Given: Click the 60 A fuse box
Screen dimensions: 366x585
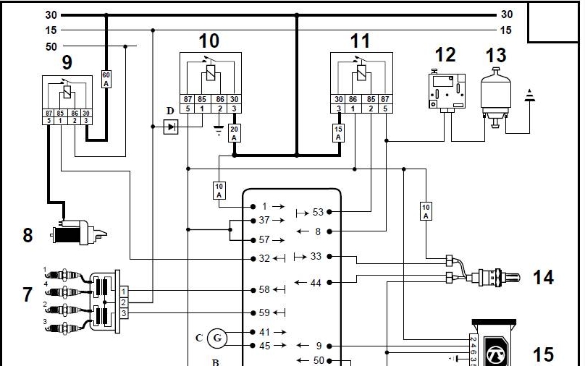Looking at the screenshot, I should [x=106, y=78].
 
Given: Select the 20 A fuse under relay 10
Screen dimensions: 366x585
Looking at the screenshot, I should [x=234, y=133].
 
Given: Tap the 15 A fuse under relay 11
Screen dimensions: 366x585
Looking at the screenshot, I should [x=337, y=133].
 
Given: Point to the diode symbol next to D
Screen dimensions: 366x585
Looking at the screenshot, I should [x=172, y=127].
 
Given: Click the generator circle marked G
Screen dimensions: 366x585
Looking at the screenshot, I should [x=216, y=337].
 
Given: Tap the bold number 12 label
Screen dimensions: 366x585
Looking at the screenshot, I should [x=445, y=55].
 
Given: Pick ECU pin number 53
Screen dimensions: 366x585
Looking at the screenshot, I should [x=317, y=212].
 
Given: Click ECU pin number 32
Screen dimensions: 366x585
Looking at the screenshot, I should [x=264, y=258].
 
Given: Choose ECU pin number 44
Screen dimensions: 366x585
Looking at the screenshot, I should [x=316, y=282].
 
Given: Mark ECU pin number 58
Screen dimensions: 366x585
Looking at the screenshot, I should [x=264, y=290].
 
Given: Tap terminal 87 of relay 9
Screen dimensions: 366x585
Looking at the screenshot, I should [x=49, y=113].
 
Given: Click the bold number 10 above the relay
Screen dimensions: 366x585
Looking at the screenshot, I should [x=209, y=41].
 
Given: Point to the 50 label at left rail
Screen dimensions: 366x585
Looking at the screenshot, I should [x=51, y=47].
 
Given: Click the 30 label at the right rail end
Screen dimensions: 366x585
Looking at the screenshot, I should [x=506, y=14].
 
